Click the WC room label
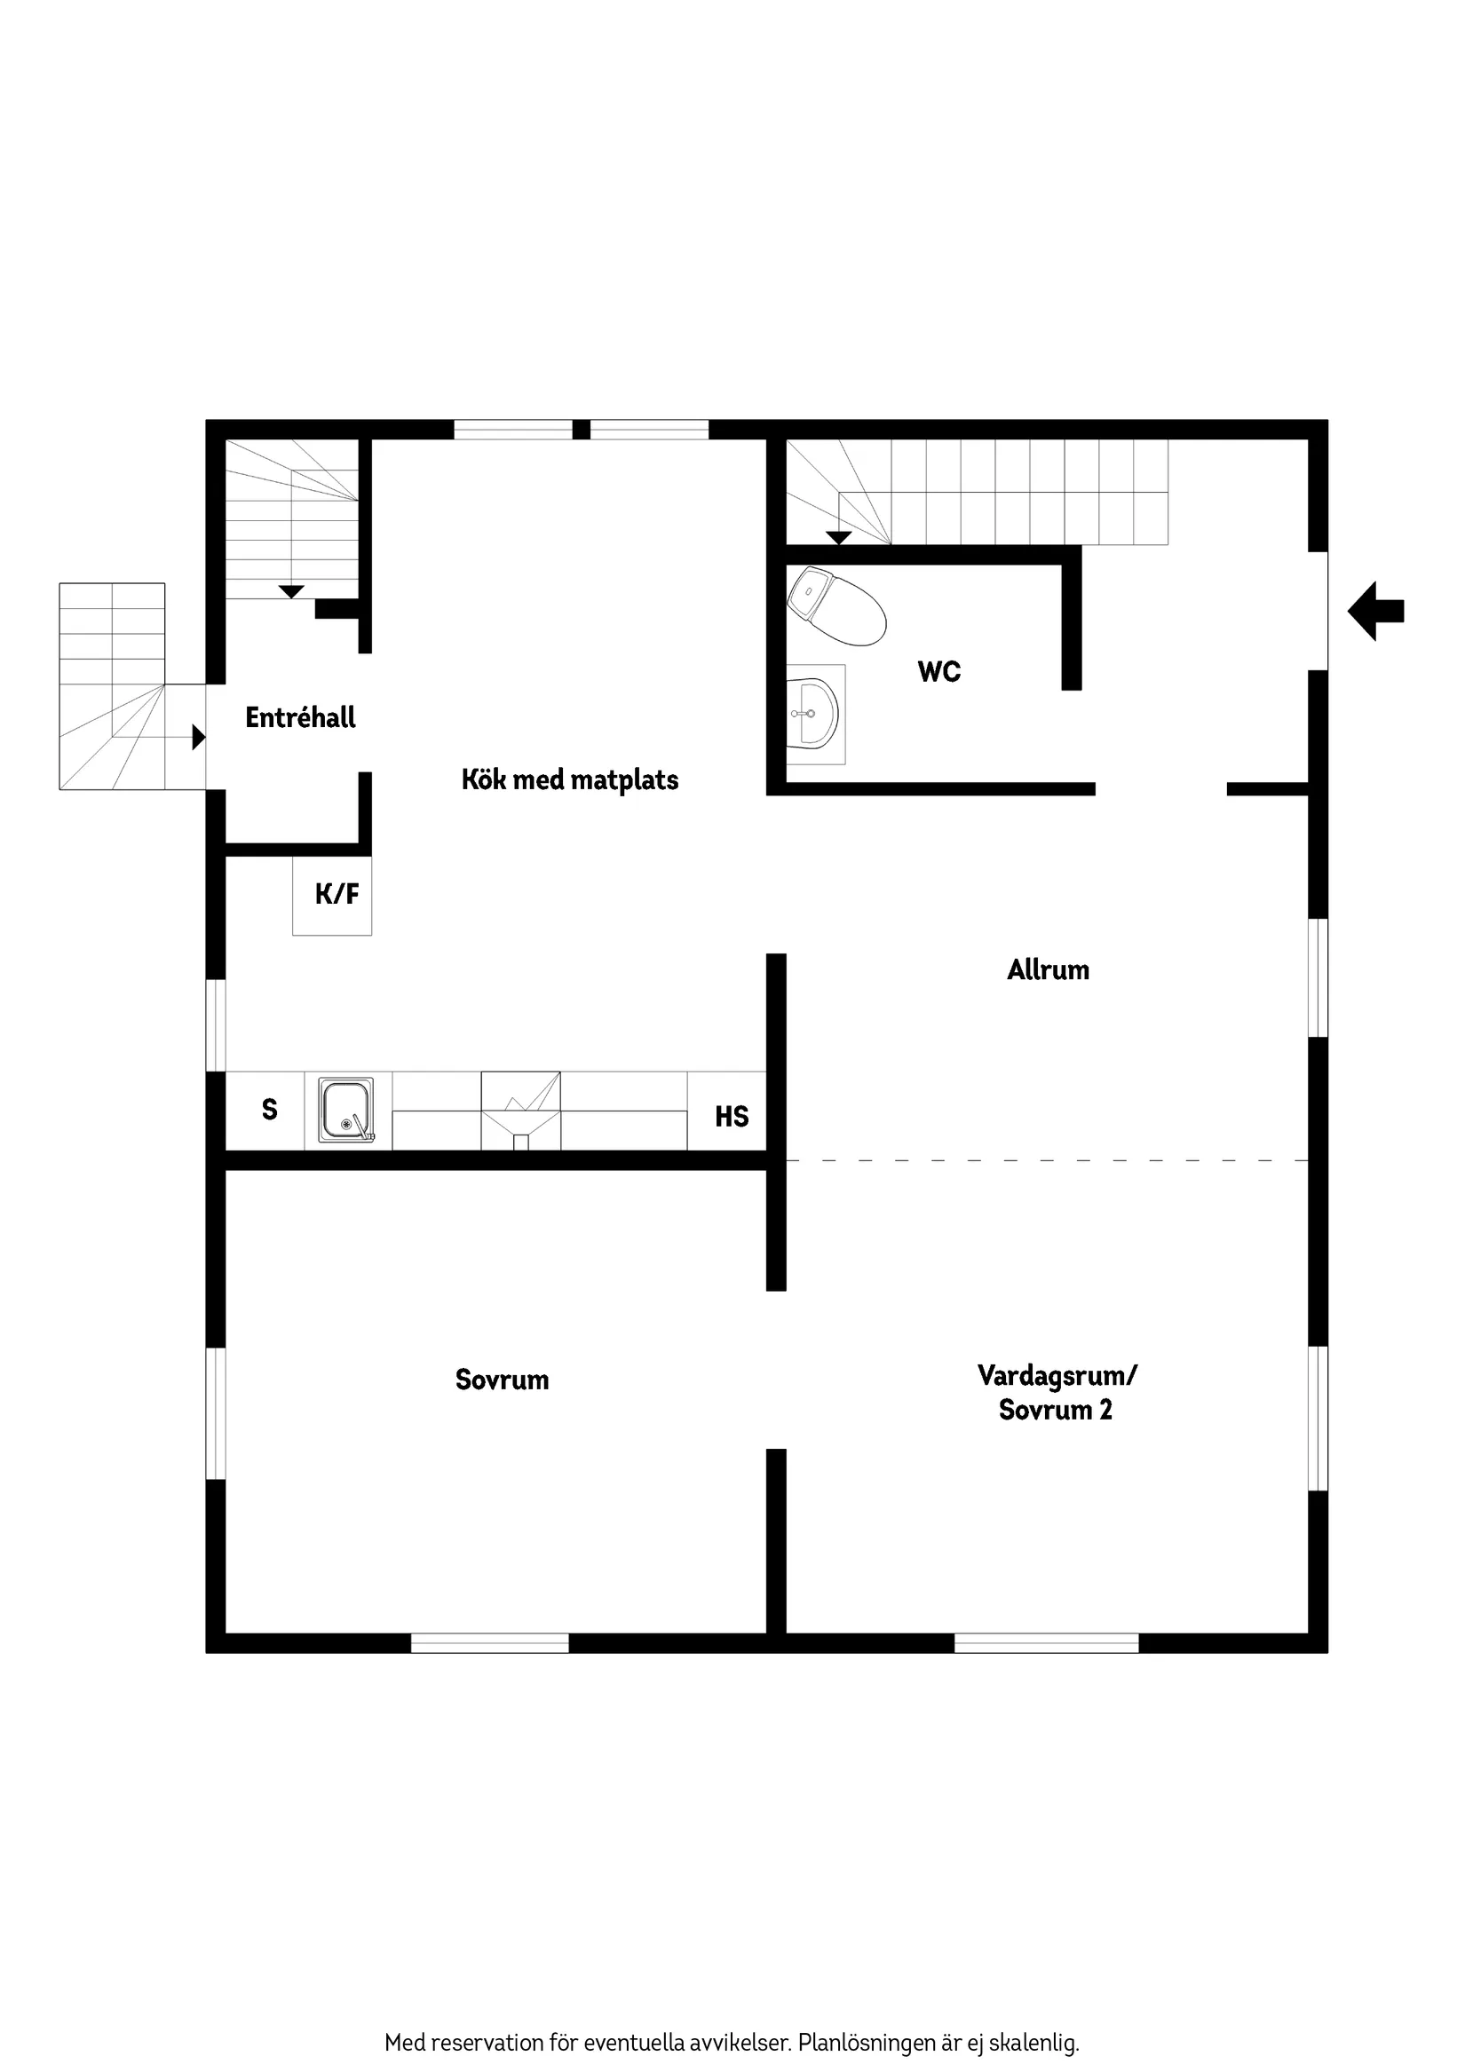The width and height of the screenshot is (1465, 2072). click(x=938, y=671)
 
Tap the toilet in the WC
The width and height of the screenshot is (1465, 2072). click(x=835, y=606)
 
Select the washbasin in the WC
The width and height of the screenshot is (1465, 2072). click(x=814, y=713)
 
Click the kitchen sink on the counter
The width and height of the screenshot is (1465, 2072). click(x=346, y=1109)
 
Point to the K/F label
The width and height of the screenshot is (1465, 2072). click(x=337, y=894)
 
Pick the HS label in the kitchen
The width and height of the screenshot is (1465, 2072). click(x=731, y=1116)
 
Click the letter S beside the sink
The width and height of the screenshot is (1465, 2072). click(x=269, y=1109)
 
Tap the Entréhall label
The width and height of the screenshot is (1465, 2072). click(x=301, y=717)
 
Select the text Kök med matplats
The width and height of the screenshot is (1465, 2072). click(x=569, y=779)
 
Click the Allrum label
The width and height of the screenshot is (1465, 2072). click(x=1048, y=970)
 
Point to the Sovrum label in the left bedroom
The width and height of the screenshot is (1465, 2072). click(x=502, y=1380)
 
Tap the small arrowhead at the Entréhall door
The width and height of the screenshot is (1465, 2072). click(x=199, y=738)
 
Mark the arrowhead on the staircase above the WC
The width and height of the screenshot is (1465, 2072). click(x=838, y=538)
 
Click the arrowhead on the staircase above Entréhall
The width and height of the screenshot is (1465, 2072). click(x=290, y=592)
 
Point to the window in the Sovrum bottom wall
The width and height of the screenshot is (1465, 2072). click(x=489, y=1642)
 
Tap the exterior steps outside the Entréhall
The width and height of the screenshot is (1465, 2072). click(x=112, y=686)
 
